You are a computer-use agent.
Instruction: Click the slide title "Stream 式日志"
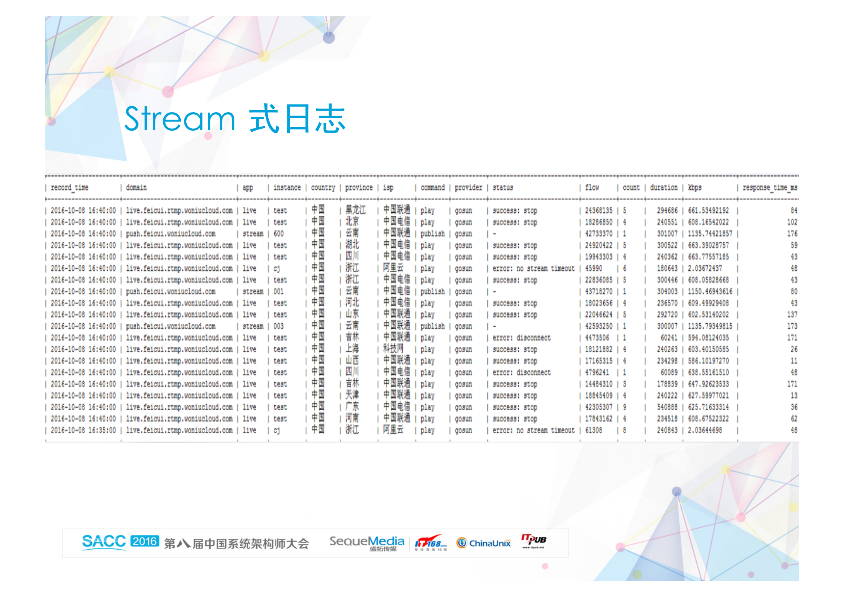coord(235,119)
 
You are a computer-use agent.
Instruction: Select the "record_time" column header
coord(70,187)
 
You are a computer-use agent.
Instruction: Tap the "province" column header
coord(359,187)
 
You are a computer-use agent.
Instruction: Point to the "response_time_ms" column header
coord(770,187)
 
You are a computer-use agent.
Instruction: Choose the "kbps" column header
coord(694,187)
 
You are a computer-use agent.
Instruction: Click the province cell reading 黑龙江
coord(355,210)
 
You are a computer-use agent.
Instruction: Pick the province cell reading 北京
coord(352,222)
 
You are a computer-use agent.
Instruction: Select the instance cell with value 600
coord(279,234)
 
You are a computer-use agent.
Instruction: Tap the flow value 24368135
coord(598,210)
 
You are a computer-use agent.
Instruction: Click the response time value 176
coord(792,234)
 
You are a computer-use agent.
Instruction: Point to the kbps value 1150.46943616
coord(710,292)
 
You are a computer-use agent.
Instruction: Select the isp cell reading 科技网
coord(393,349)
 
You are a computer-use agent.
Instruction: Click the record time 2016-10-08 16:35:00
coord(83,430)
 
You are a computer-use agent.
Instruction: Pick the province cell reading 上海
coord(352,349)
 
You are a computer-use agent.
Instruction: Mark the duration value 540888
coord(667,407)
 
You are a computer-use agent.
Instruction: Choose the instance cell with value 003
coord(279,326)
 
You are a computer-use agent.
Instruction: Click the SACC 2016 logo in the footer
coord(120,542)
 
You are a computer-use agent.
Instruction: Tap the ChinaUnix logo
coord(484,543)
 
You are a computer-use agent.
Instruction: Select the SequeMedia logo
coord(367,543)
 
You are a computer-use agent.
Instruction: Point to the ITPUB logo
coord(533,541)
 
